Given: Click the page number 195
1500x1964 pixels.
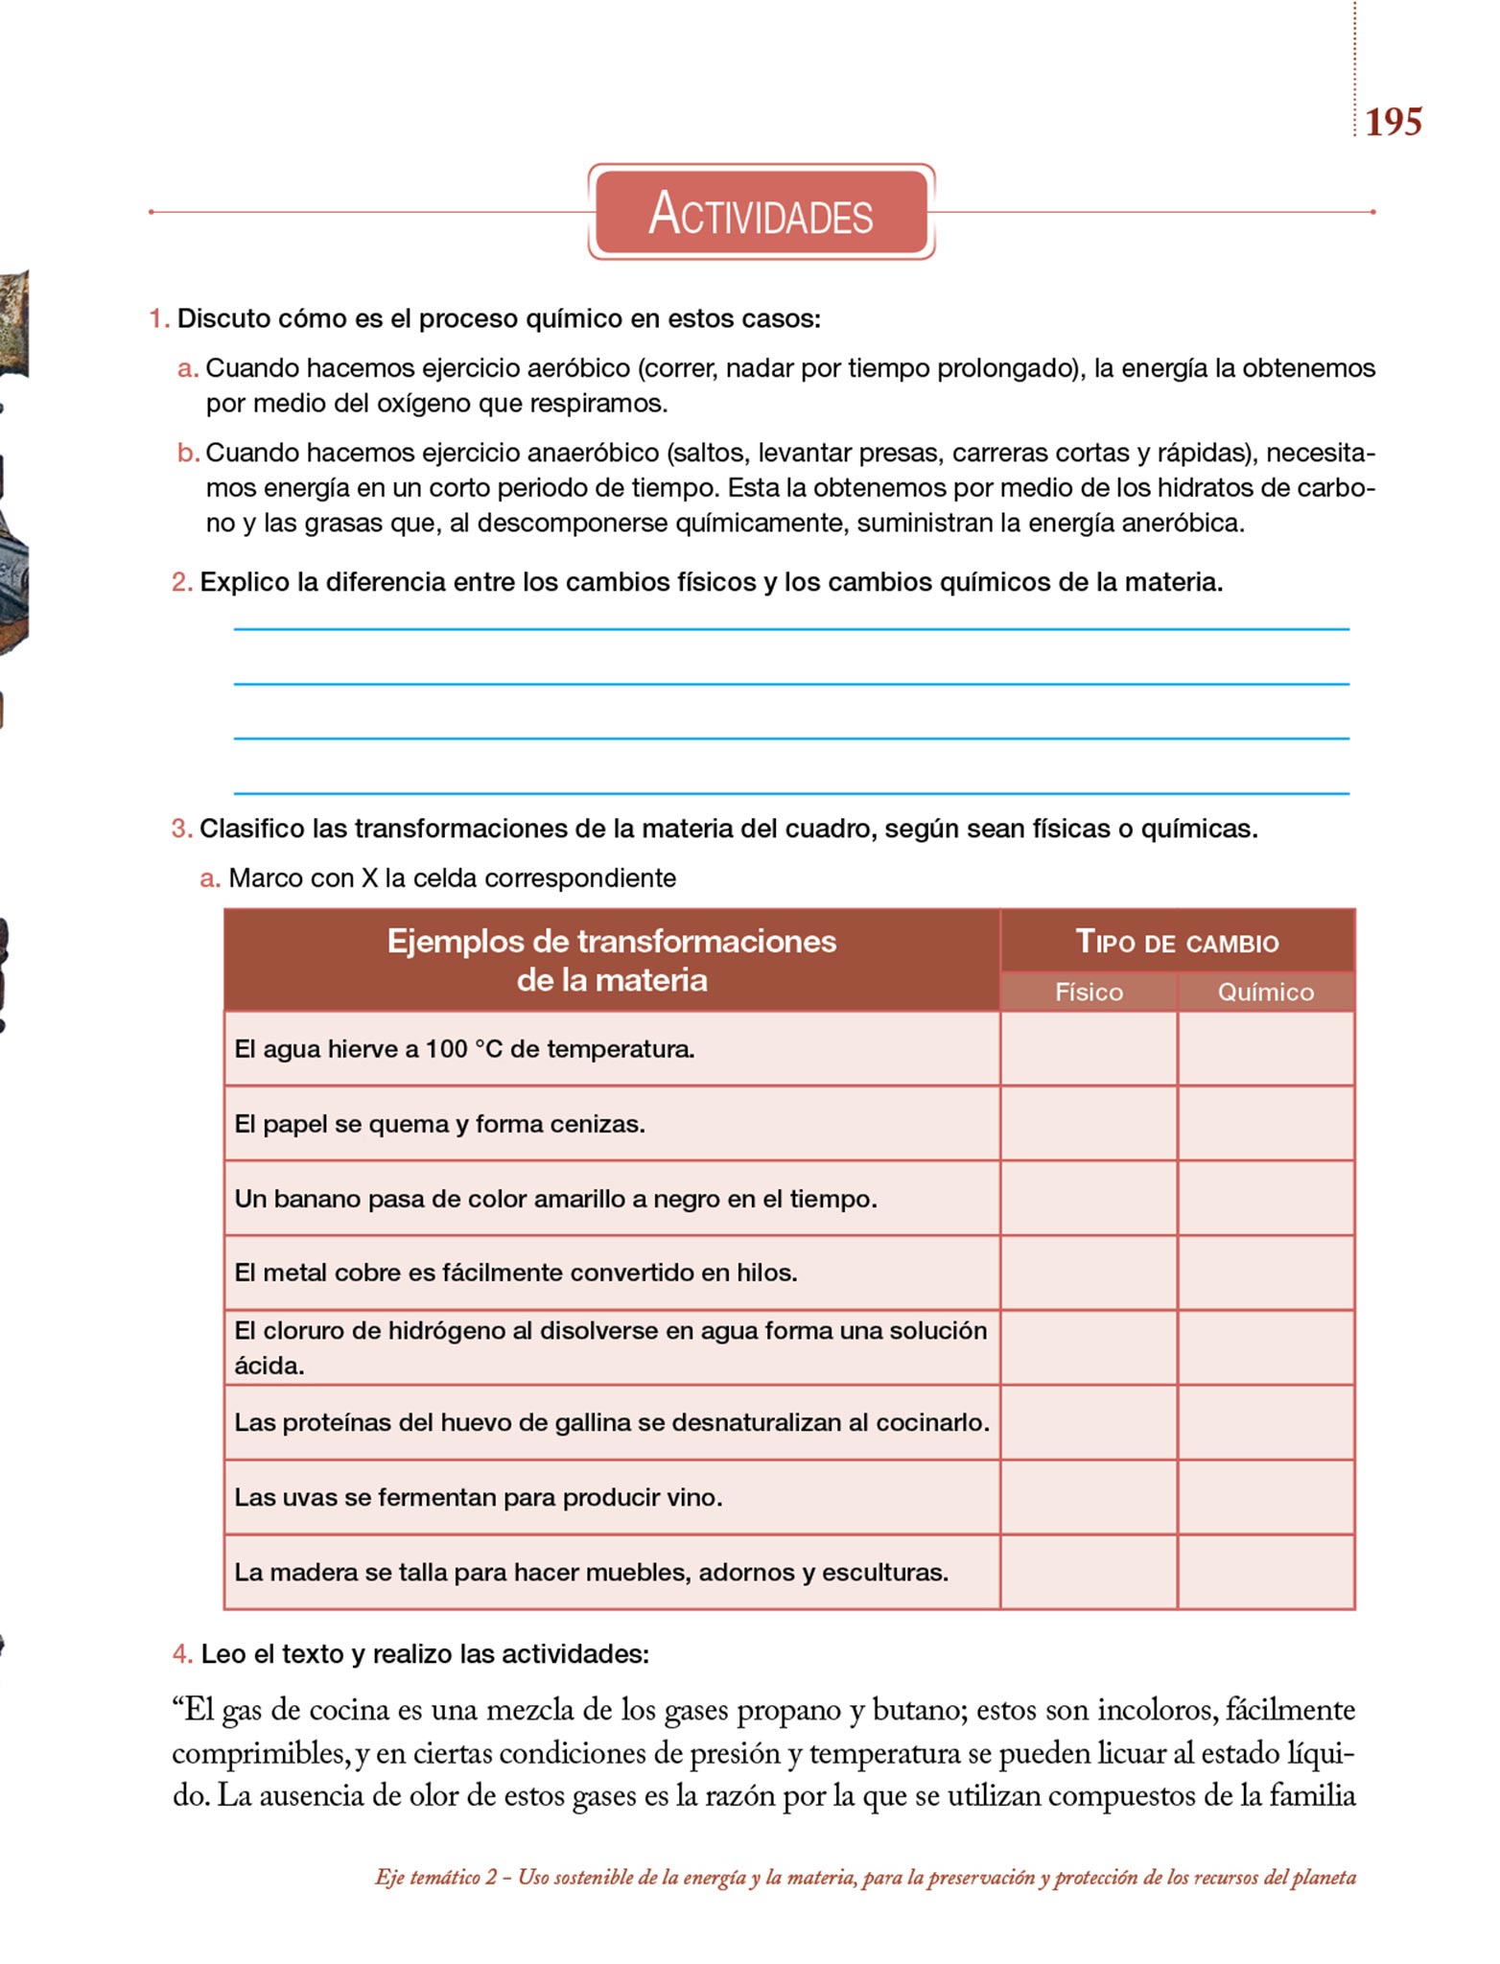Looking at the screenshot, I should pos(1393,122).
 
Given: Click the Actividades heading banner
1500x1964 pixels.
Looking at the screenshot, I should pos(761,212).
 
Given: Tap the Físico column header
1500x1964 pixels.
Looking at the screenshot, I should pos(1089,992).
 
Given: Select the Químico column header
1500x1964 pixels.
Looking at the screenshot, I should pos(1265,992).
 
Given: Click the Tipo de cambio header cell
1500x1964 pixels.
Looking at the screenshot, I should pos(1177,942).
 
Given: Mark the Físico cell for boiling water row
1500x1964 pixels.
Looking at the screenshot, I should pos(1089,1049).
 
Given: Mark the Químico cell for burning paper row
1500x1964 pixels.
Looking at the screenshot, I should pos(1265,1124).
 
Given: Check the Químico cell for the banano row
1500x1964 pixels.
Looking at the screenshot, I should pos(1265,1199).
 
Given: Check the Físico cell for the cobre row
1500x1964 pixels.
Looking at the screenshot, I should pos(1089,1273).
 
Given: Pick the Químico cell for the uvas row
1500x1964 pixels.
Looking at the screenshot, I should pos(1265,1497).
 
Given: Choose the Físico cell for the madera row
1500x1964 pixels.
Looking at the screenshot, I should pos(1089,1572).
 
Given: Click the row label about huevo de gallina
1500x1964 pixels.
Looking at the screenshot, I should pos(611,1422).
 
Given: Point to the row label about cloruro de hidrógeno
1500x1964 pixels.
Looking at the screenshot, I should pos(611,1347).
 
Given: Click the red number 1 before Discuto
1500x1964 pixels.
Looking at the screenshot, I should pos(157,318).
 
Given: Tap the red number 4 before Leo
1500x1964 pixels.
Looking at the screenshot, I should pos(181,1654).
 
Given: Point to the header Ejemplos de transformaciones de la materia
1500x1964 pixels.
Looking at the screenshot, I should pos(611,960).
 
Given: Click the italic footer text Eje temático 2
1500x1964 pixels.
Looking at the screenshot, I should pos(436,1877).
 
